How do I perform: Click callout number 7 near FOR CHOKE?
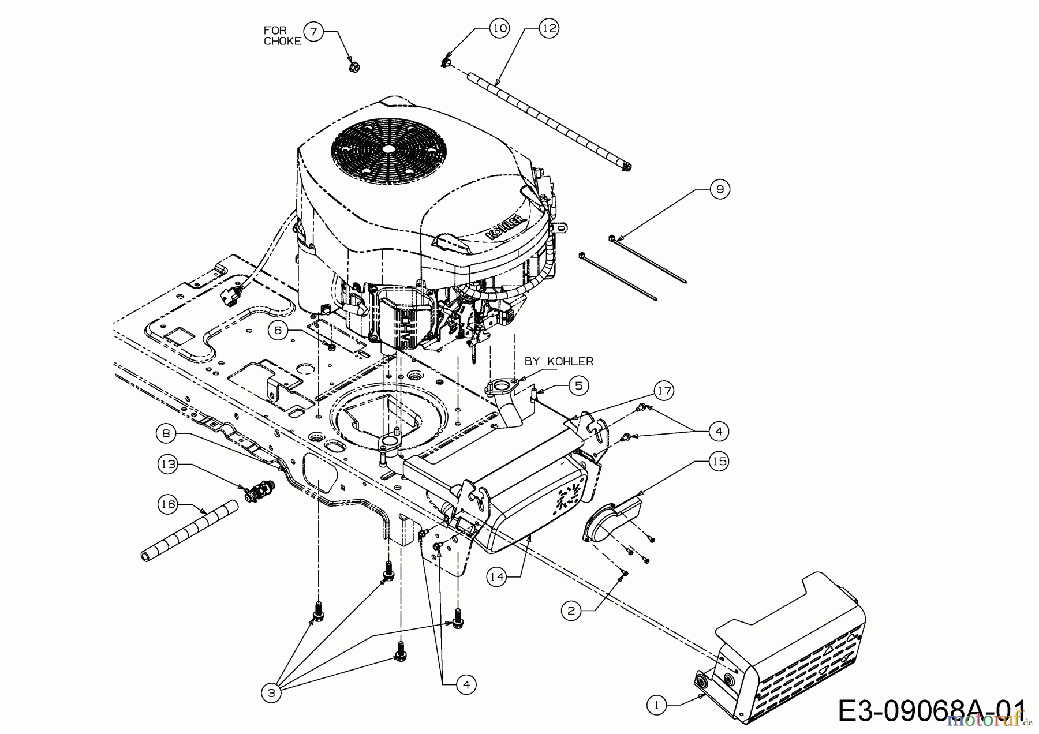coord(313,31)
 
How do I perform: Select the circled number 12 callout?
coord(550,28)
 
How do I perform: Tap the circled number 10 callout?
coord(500,28)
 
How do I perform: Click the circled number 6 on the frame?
coord(278,330)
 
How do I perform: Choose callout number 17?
coord(664,391)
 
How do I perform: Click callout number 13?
coord(168,465)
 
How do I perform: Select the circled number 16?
coord(167,504)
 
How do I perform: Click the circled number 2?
coord(571,611)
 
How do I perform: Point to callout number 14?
coord(496,576)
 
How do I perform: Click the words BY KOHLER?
coord(559,361)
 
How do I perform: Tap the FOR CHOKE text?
coord(283,36)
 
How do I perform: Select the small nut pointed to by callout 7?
coord(354,68)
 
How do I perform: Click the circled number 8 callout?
coord(166,434)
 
